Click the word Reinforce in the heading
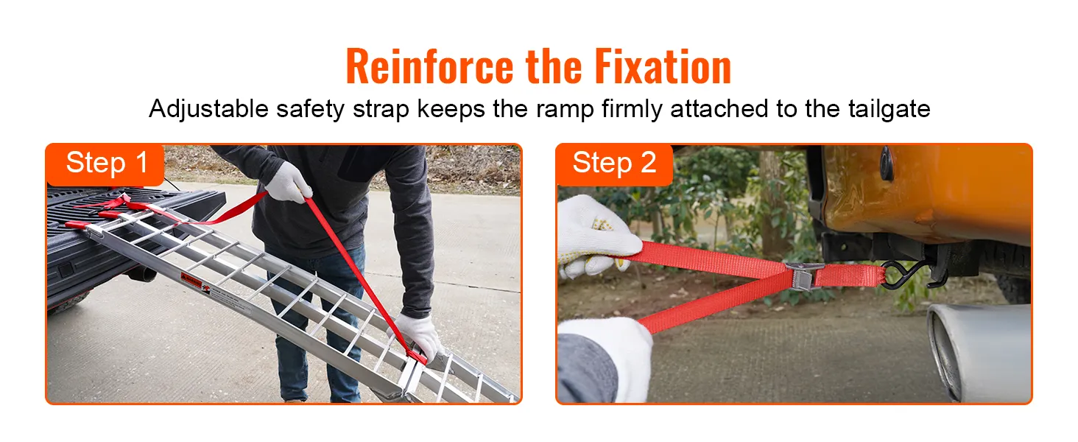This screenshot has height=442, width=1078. (430, 67)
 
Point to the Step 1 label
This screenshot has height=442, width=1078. (107, 163)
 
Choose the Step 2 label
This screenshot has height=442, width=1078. (614, 163)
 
